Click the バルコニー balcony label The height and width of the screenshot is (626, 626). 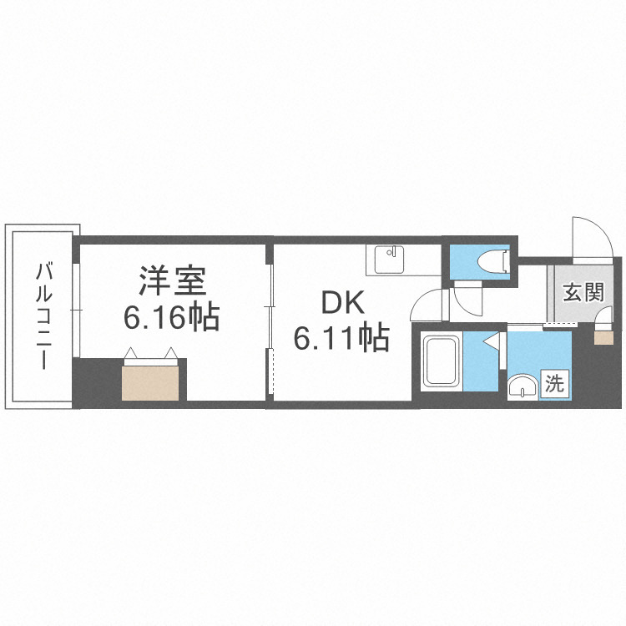tap(43, 315)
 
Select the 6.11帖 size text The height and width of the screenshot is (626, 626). tap(341, 337)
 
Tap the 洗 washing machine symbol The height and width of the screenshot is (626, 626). tap(555, 384)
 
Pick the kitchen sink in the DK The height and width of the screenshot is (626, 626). tap(387, 259)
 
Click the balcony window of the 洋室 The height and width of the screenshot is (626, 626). tap(76, 309)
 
